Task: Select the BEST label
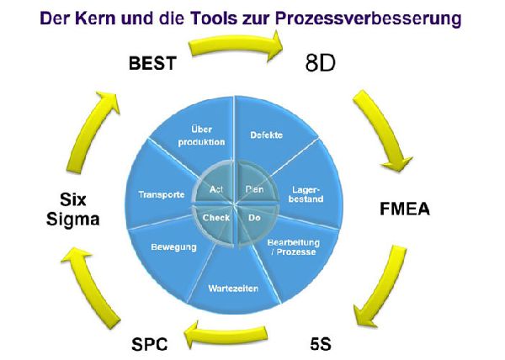click(152, 63)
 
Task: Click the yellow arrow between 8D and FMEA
click(383, 126)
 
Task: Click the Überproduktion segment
click(203, 136)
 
